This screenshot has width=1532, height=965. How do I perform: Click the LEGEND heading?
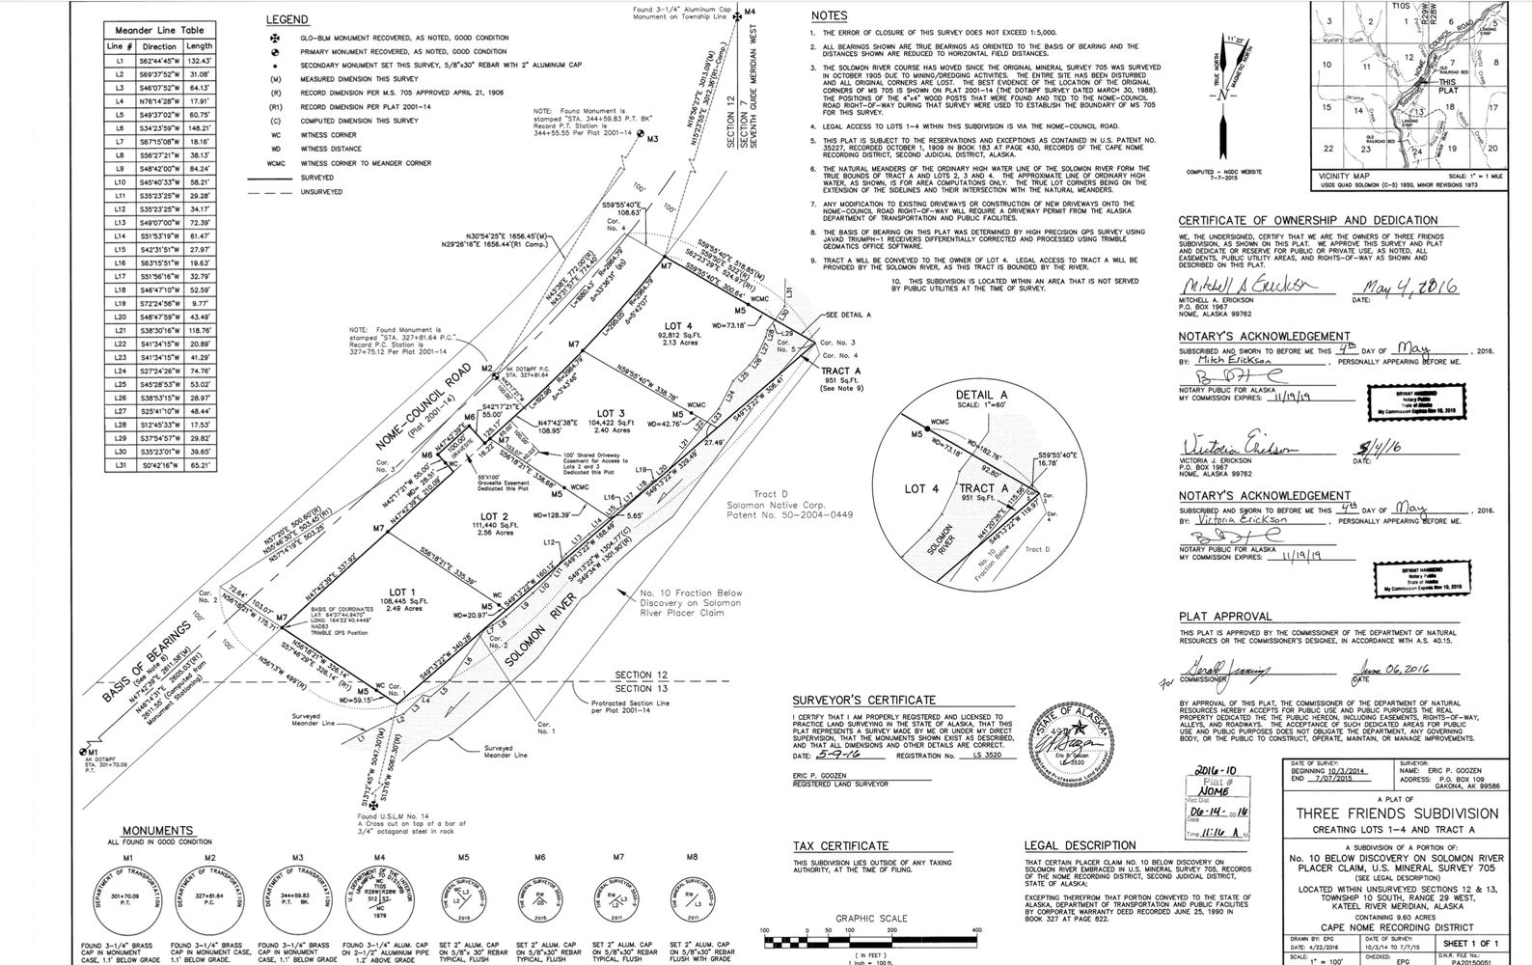coord(287,19)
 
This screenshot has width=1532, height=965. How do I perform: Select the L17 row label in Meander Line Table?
coord(120,276)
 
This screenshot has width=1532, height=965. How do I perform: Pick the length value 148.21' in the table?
coord(200,127)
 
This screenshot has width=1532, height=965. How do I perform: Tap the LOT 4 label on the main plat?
coord(679,326)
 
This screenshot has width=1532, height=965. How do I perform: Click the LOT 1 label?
coord(402,592)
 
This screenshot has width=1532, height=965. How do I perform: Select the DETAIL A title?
coord(981,396)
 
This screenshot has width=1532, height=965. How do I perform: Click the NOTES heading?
coord(829,16)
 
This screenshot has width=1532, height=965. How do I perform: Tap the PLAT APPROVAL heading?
coord(1225,617)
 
